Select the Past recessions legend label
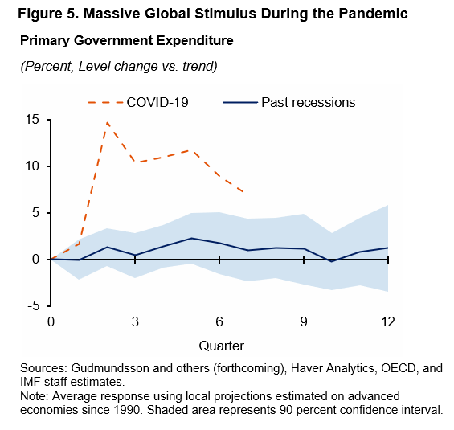click(307, 102)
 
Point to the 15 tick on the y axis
click(33, 120)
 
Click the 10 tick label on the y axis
click(33, 166)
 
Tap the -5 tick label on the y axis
click(35, 306)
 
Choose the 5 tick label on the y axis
click(36, 213)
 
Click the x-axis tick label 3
click(135, 321)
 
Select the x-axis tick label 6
click(219, 321)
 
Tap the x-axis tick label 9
click(304, 321)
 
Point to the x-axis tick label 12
click(388, 321)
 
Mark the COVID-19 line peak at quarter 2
click(107, 122)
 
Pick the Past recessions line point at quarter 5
click(191, 238)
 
